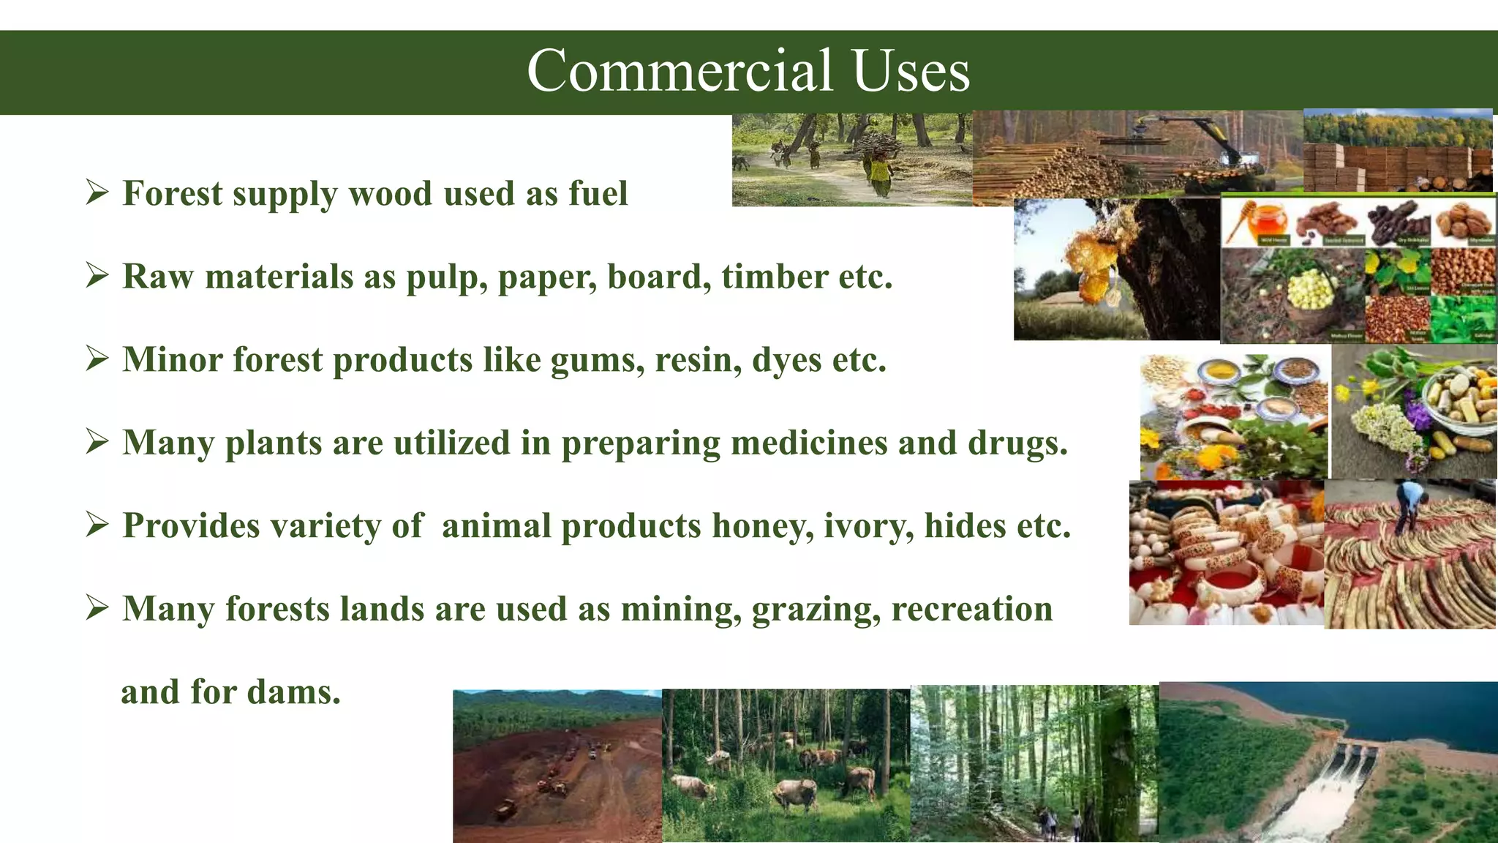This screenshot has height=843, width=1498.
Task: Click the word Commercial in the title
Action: [680, 71]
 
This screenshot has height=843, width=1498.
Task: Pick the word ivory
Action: [868, 526]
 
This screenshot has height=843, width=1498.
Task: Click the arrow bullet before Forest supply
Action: [97, 193]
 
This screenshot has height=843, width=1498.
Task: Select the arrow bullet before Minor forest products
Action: [97, 359]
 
